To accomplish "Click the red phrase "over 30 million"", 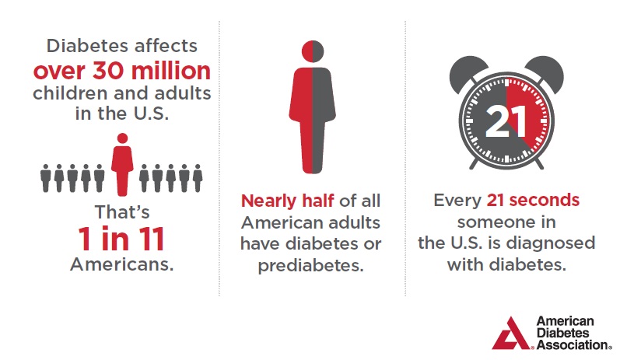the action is (121, 71).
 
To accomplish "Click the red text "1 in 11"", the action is (121, 239).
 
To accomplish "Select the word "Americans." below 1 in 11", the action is (121, 264).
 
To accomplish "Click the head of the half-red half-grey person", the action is (313, 51).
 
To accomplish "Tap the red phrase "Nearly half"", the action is (288, 201).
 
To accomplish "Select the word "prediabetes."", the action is (311, 265).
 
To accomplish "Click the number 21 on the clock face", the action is (506, 121).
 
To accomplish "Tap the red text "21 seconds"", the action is (533, 200).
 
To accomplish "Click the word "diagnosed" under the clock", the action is (551, 243).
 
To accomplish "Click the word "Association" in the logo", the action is (572, 344).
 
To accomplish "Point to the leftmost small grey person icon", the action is (46, 178).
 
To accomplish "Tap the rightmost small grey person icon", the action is (198, 178).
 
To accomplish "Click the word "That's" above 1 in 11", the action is (122, 212).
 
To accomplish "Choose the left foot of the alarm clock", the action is (474, 163).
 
